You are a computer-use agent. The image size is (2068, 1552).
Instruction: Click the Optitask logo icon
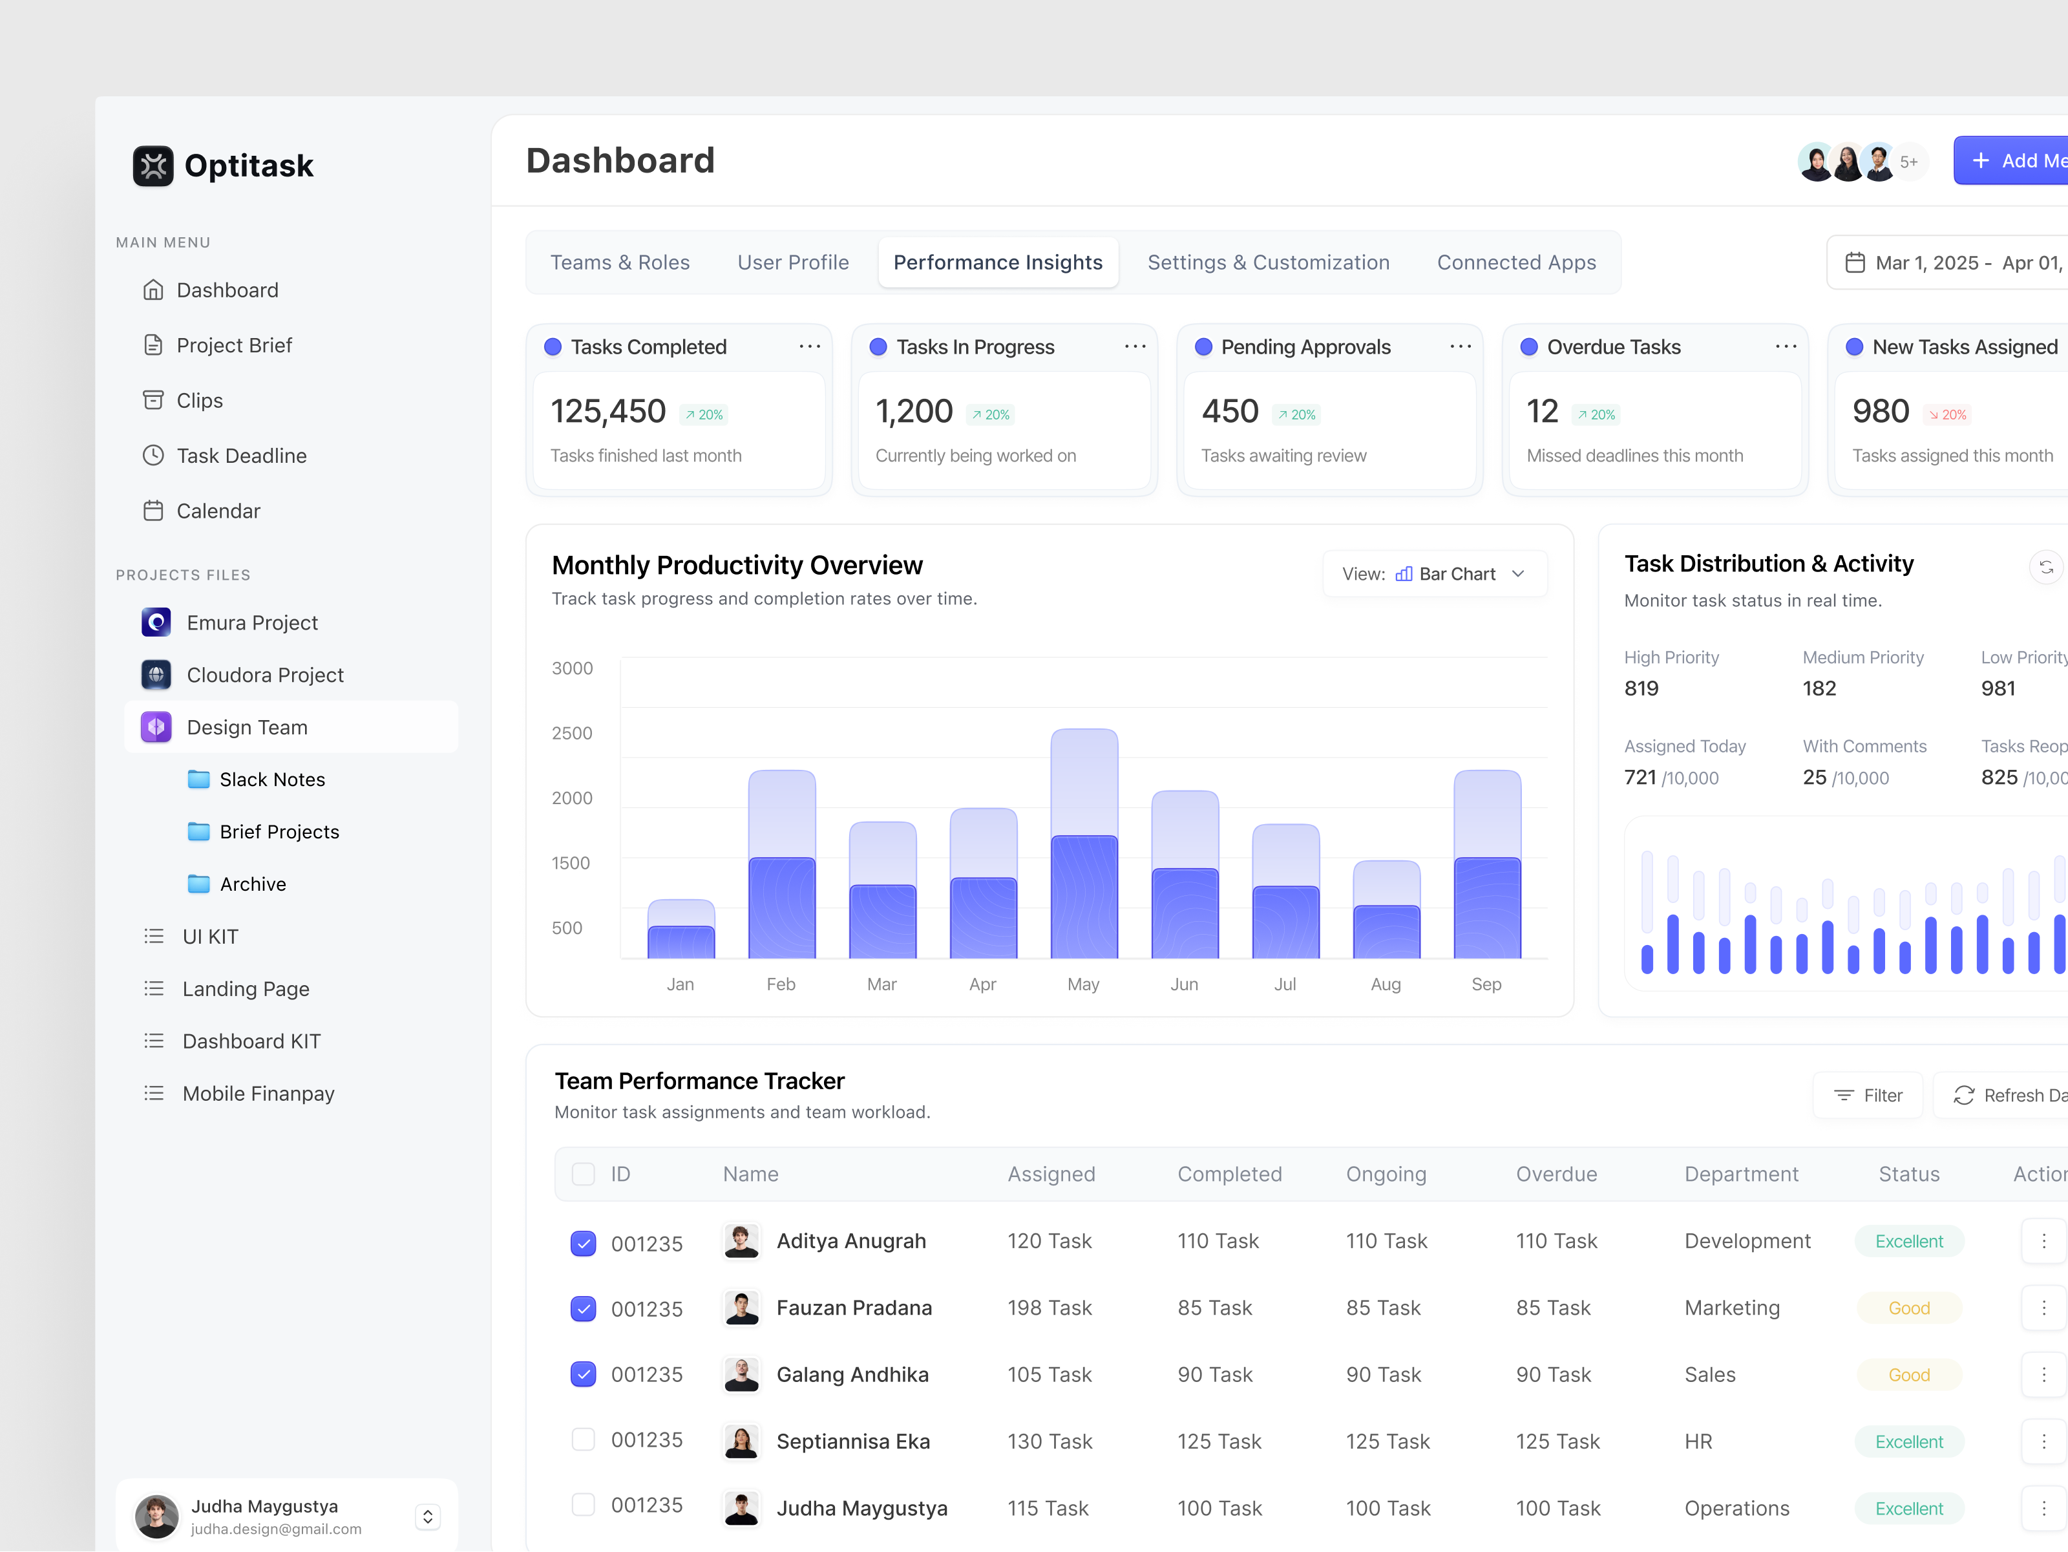tap(153, 165)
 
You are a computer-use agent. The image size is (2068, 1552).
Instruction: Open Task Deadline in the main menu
tap(240, 455)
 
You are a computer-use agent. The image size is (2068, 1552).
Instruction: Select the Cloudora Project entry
tap(264, 675)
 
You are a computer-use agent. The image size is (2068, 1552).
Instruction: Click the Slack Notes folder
tap(271, 780)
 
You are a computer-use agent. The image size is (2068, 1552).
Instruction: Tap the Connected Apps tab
tap(1515, 262)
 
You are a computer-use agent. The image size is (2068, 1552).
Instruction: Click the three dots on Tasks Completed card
tap(808, 347)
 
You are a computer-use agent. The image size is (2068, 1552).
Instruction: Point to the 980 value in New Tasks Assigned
tap(1880, 411)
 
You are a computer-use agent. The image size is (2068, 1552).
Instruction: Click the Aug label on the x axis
tap(1386, 984)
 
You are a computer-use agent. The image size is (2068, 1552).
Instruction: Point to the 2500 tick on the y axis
tap(571, 733)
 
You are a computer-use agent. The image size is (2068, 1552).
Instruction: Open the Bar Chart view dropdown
tap(1434, 574)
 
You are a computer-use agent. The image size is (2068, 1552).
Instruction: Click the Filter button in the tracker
tap(1867, 1096)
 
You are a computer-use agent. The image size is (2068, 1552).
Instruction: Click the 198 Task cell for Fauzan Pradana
tap(1049, 1308)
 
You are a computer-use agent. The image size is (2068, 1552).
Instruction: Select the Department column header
tap(1741, 1175)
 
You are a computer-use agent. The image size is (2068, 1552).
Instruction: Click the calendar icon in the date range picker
tap(1855, 262)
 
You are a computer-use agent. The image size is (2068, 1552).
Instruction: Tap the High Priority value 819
tap(1641, 689)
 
